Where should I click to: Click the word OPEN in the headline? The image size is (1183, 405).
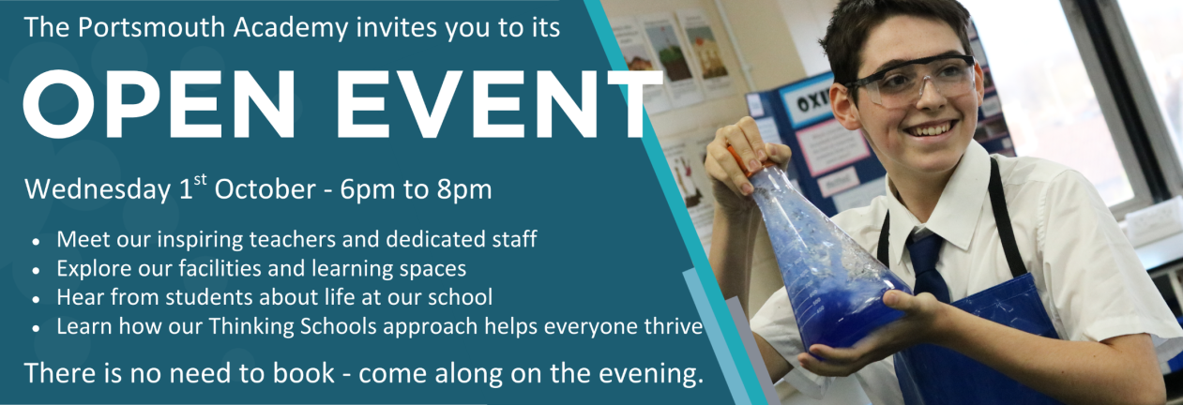click(x=159, y=104)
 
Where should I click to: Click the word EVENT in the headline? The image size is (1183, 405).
click(x=498, y=104)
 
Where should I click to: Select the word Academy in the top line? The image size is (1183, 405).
click(x=291, y=28)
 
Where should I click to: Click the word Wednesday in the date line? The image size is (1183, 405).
click(x=98, y=190)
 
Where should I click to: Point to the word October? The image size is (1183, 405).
click(x=265, y=189)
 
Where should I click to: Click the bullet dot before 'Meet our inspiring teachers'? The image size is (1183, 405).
click(x=36, y=241)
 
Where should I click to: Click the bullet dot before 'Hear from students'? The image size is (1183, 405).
click(x=36, y=299)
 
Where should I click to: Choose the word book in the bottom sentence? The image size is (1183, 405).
click(x=303, y=373)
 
